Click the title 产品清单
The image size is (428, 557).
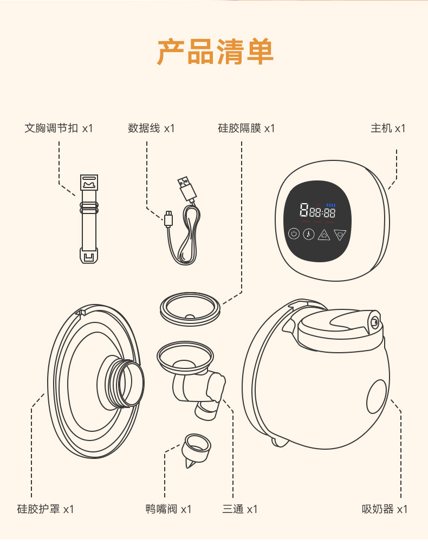215,52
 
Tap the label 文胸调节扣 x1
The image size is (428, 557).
59,128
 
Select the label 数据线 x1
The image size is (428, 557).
151,128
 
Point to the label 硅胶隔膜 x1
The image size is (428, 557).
247,128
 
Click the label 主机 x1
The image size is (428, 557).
388,128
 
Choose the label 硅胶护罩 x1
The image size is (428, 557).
45,509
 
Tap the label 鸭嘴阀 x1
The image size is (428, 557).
168,509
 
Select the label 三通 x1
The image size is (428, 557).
240,509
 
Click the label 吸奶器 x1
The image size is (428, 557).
385,509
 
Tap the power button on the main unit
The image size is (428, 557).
294,234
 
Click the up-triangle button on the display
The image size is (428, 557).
324,235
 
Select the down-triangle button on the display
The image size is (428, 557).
340,235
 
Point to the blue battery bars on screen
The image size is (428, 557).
331,205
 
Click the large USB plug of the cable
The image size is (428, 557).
185,188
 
